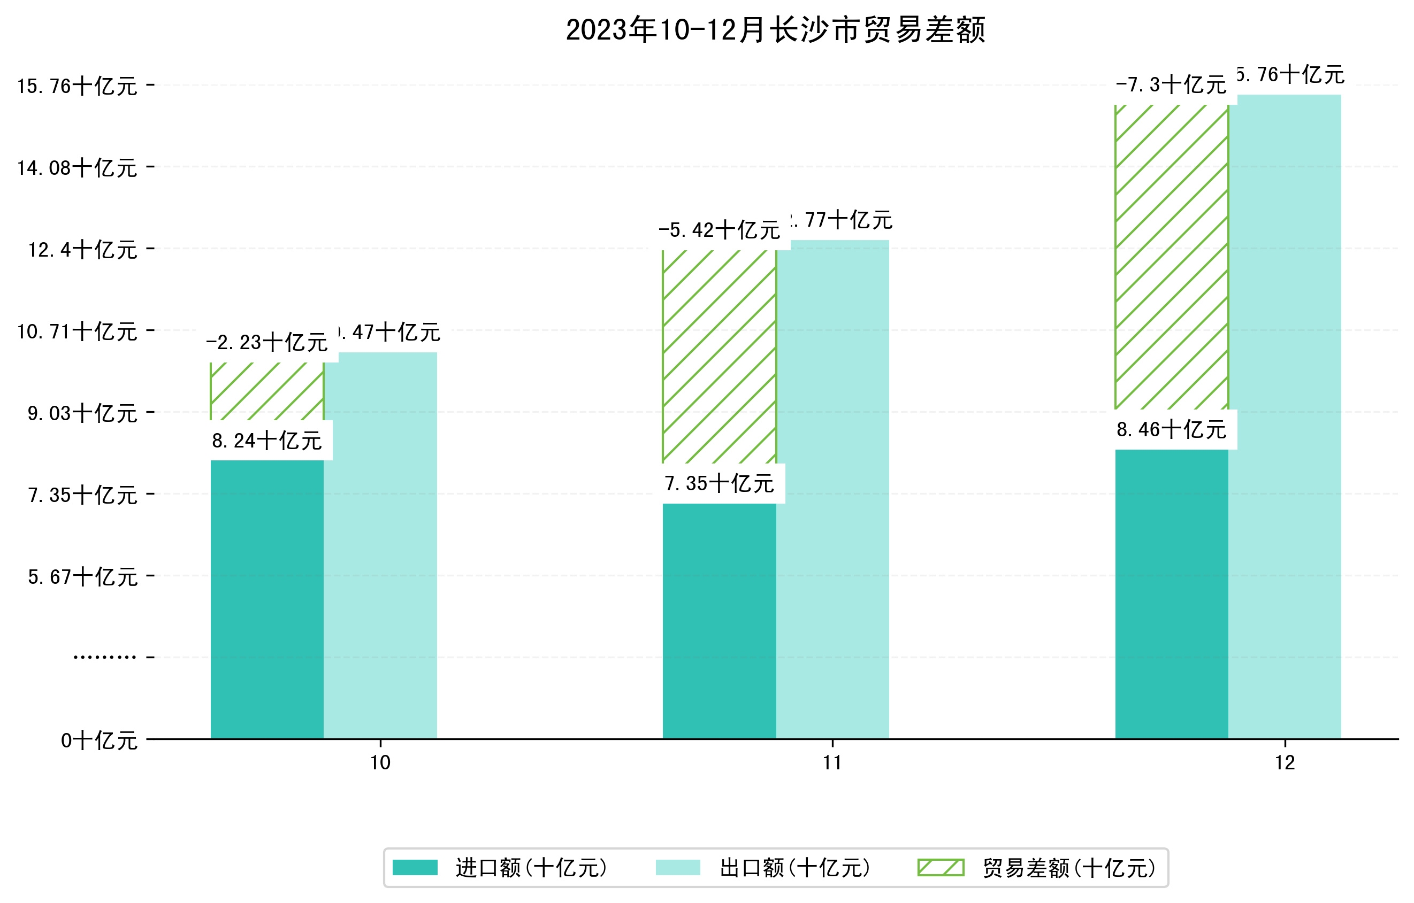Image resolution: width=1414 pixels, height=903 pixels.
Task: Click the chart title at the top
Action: [775, 30]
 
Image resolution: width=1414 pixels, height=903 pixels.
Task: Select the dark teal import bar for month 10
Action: [267, 598]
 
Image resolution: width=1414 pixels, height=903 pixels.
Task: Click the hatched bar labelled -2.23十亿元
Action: [267, 391]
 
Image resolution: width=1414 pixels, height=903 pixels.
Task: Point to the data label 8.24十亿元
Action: [267, 441]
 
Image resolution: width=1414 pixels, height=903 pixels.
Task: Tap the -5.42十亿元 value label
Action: [720, 230]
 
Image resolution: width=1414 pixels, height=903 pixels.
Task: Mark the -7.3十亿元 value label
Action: [1172, 85]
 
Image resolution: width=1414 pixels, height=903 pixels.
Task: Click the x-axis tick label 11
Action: [832, 763]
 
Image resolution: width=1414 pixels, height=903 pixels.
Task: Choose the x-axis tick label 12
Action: [1285, 763]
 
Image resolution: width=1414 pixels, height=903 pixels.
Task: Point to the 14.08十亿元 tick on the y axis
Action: [77, 168]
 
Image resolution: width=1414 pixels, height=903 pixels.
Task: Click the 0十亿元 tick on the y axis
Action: [99, 740]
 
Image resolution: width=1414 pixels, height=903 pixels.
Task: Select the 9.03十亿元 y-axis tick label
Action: [82, 414]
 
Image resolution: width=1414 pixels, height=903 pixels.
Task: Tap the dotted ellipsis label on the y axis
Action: [104, 657]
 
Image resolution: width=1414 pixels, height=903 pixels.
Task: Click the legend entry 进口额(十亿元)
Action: [531, 868]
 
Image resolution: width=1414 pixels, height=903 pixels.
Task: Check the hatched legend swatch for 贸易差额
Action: [941, 867]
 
